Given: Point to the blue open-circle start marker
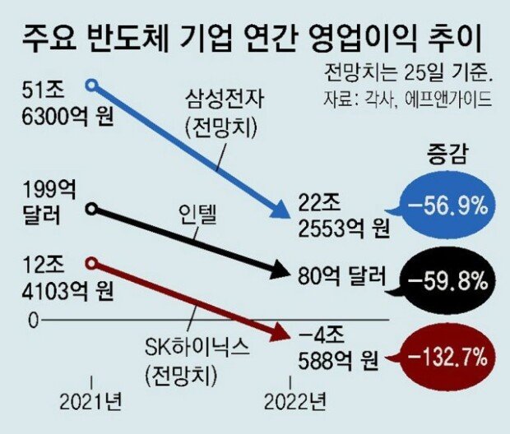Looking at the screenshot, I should click(92, 83).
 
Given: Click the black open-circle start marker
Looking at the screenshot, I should click(92, 209).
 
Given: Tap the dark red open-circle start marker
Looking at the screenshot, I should click(92, 263).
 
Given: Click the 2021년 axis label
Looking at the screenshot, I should click(91, 403).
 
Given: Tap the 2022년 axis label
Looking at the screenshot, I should click(294, 403).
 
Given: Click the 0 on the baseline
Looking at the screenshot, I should click(33, 320).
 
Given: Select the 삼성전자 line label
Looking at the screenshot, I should click(220, 115).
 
